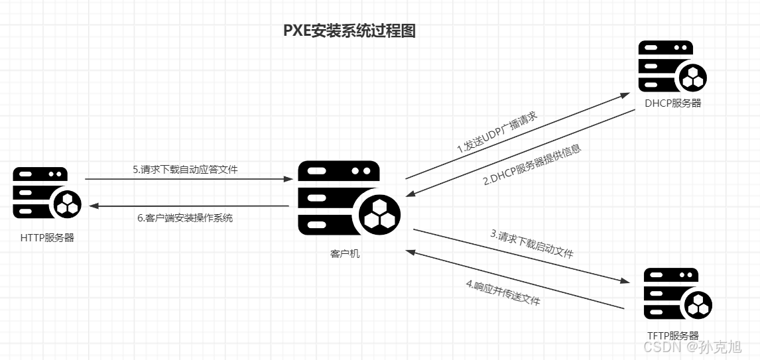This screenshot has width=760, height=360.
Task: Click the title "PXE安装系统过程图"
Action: pyautogui.click(x=349, y=31)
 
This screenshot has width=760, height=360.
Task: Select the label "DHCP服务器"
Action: pyautogui.click(x=673, y=103)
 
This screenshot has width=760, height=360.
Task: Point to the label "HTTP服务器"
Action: pyautogui.click(x=47, y=237)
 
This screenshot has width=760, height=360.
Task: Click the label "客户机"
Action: pyautogui.click(x=345, y=253)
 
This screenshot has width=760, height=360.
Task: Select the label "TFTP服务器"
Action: pyautogui.click(x=672, y=335)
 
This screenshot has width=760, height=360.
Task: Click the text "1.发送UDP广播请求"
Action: pyautogui.click(x=497, y=133)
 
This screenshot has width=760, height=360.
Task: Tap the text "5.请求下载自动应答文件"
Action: pyautogui.click(x=185, y=170)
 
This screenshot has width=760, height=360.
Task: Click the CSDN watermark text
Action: pyautogui.click(x=692, y=347)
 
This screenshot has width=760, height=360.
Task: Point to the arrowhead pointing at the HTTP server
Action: pyautogui.click(x=94, y=206)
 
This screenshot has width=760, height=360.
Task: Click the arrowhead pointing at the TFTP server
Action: pyautogui.click(x=624, y=281)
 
